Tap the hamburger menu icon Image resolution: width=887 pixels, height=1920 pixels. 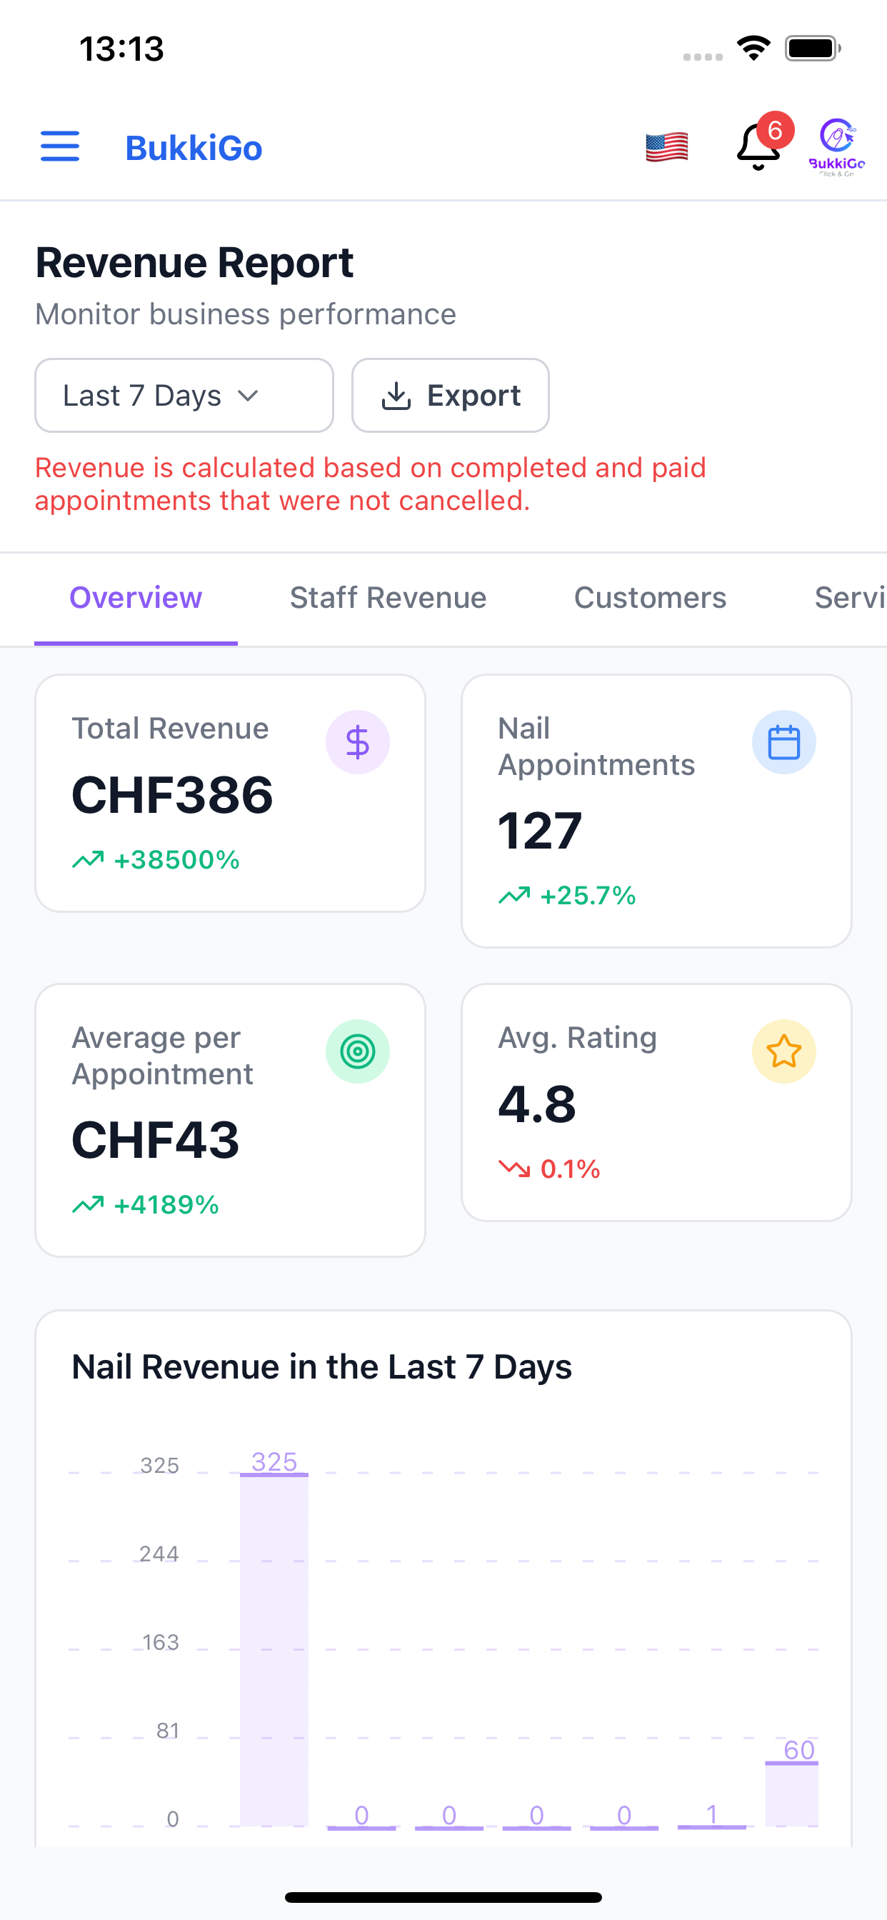point(59,146)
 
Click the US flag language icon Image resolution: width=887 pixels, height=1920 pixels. point(666,147)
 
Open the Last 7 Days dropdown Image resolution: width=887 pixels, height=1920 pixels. point(184,395)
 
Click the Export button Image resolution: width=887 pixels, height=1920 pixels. point(450,395)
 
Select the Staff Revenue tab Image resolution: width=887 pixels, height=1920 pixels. point(388,598)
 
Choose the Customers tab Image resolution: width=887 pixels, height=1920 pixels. point(650,598)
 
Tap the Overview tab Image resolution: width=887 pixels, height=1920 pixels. point(136,598)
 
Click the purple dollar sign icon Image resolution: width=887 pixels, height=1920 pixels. point(358,742)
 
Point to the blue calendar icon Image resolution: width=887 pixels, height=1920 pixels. point(784,742)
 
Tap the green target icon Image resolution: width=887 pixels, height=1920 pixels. point(358,1051)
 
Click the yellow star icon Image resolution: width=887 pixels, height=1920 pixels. point(784,1051)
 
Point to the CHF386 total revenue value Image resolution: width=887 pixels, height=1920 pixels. point(172,795)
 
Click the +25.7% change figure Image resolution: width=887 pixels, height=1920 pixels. point(587,895)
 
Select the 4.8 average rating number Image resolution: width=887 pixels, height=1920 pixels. point(536,1104)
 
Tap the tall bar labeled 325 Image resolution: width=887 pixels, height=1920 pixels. point(274,1649)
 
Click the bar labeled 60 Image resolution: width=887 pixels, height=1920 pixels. point(791,1794)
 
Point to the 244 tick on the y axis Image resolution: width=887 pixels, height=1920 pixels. point(159,1554)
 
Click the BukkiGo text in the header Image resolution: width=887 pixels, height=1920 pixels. point(194,148)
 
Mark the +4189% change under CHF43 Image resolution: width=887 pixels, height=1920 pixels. point(166,1204)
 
